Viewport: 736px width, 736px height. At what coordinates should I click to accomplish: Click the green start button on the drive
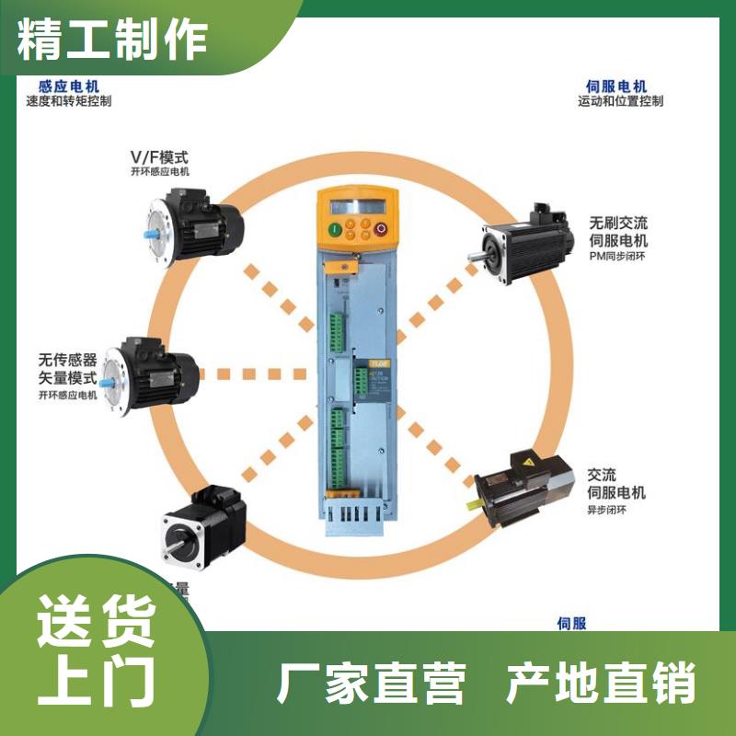336,228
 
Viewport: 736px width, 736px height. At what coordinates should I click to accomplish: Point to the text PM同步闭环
619,259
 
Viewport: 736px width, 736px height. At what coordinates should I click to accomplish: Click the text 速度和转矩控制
69,101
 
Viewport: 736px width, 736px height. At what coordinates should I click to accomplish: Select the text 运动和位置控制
620,101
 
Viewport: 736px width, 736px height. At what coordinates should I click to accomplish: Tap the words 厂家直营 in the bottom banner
371,684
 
